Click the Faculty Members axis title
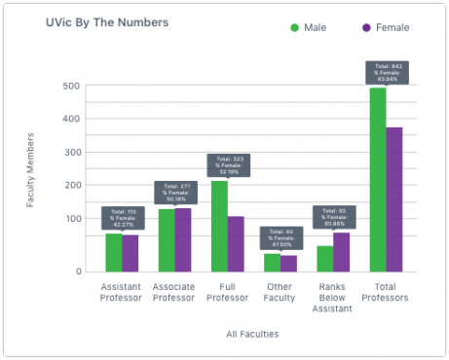pyautogui.click(x=30, y=178)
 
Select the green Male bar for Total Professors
pyautogui.click(x=377, y=179)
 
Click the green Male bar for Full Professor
pyautogui.click(x=219, y=226)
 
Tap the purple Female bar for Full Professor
pyautogui.click(x=236, y=243)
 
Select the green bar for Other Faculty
pyautogui.click(x=272, y=262)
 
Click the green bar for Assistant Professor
pyautogui.click(x=114, y=252)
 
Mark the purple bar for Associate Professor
pyautogui.click(x=183, y=239)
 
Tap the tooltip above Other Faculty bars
pyautogui.click(x=280, y=237)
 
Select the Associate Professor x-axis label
pyautogui.click(x=174, y=292)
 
